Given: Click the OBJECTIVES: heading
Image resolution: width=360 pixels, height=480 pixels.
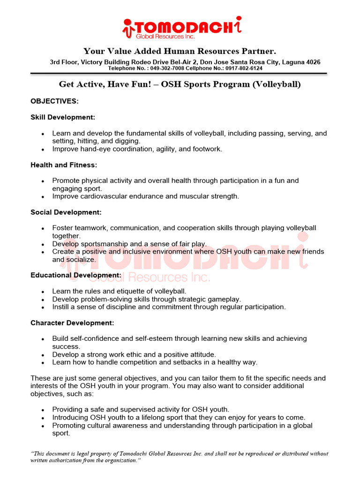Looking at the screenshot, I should pyautogui.click(x=54, y=101).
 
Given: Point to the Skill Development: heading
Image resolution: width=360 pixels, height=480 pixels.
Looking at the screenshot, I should pyautogui.click(x=63, y=117).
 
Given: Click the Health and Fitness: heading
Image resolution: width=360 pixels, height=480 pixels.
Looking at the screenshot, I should pyautogui.click(x=64, y=165).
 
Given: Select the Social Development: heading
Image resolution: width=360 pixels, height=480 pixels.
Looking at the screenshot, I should pyautogui.click(x=66, y=212).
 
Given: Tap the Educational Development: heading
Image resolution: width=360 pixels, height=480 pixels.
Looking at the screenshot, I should pyautogui.click(x=76, y=275).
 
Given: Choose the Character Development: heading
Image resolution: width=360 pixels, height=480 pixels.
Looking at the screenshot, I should pyautogui.click(x=72, y=323).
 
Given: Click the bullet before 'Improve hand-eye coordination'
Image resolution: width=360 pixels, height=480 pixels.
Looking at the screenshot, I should pyautogui.click(x=43, y=150).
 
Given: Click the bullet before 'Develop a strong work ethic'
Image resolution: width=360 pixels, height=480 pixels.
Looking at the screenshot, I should pyautogui.click(x=43, y=355).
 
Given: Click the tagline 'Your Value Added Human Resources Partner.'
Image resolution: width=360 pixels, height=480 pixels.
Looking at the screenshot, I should pyautogui.click(x=180, y=51).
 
